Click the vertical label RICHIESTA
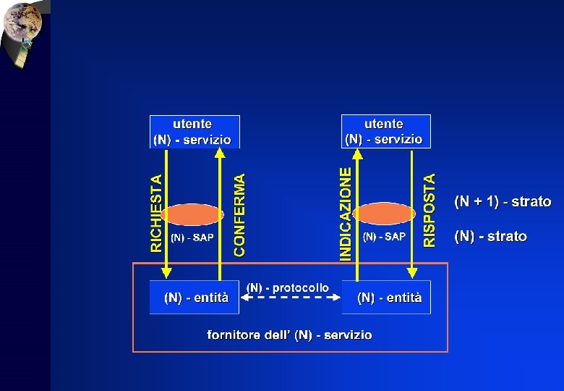(156, 214)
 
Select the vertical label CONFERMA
(239, 214)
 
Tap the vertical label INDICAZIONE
(346, 214)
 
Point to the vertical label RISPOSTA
(430, 210)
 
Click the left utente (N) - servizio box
(194, 132)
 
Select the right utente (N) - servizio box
(385, 131)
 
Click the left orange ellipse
(192, 214)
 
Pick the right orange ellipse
(384, 214)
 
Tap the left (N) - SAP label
(192, 237)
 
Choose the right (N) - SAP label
(384, 237)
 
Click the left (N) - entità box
(194, 297)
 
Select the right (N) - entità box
(386, 297)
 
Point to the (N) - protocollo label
(288, 287)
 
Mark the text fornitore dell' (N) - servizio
(289, 335)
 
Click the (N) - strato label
(490, 236)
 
